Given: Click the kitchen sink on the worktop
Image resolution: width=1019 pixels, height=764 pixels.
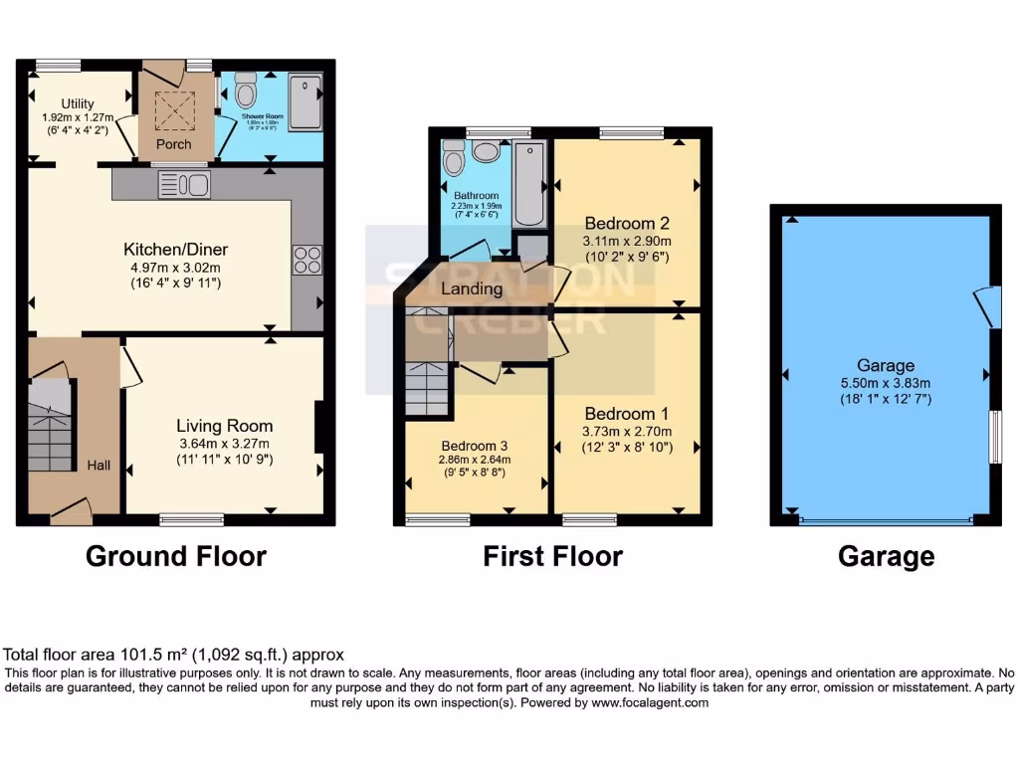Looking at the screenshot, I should coord(184,184).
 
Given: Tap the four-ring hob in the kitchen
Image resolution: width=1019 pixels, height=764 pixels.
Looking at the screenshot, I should coord(306,260).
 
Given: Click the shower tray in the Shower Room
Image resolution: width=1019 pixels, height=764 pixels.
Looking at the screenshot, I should coord(304,99).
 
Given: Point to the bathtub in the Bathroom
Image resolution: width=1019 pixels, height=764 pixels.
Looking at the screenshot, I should coord(530,184).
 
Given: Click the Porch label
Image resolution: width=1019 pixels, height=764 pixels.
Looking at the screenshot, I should coord(174,144).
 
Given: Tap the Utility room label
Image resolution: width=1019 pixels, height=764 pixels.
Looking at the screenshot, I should coord(77,103).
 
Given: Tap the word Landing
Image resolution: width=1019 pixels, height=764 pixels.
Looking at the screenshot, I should coord(472,289).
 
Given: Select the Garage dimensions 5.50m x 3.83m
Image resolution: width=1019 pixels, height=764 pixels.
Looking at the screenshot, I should coord(887,383).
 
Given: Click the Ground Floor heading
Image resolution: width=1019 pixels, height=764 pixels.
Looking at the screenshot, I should coord(175,555).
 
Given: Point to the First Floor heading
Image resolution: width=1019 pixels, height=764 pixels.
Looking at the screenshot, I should coord(552,556).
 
